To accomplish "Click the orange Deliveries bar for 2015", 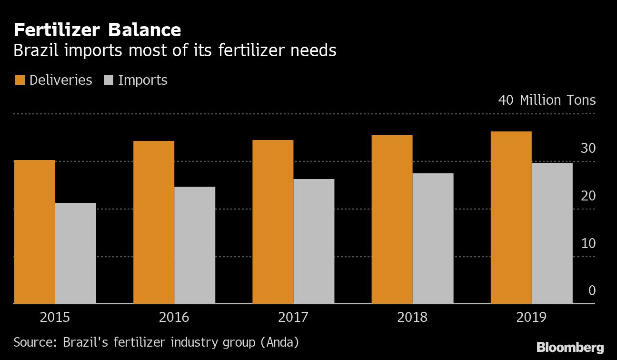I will point(35,232).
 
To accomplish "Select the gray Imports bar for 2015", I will point(76,253).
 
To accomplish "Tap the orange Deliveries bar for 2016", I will point(154,222).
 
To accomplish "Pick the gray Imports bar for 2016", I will point(195,245).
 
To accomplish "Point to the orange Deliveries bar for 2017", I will point(273,222).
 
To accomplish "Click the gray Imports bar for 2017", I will point(314,241).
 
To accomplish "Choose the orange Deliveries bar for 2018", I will point(392,220).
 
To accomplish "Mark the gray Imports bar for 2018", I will point(433,239).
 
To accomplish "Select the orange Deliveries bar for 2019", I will point(511,218).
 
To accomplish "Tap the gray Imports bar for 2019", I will point(552,233).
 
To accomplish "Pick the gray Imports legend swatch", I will point(108,80).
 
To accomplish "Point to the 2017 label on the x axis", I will point(293,317).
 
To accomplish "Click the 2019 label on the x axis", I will point(531,317).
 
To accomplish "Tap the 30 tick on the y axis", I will point(588,149).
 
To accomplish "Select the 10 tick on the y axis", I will point(588,243).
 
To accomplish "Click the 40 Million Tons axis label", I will point(547,100).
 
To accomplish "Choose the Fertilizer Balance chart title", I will point(97,30).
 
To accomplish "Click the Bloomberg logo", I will point(570,347).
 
